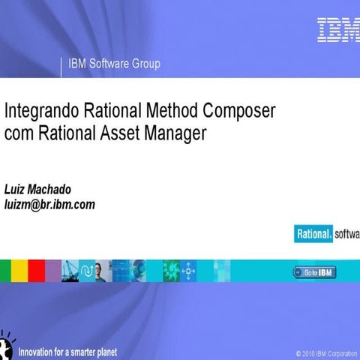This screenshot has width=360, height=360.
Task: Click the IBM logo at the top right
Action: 337,30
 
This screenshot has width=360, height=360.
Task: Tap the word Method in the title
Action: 175,113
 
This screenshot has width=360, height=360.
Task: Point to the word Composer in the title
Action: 241,114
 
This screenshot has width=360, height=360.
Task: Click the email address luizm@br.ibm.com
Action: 50,203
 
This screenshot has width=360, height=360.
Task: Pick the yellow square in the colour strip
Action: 20,270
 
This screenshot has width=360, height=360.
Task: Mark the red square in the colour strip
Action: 37,270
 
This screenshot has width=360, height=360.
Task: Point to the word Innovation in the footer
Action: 38,351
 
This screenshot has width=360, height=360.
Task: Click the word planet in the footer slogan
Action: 103,351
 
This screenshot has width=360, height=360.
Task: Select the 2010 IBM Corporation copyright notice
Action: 327,352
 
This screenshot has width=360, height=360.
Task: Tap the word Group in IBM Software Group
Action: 147,64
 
